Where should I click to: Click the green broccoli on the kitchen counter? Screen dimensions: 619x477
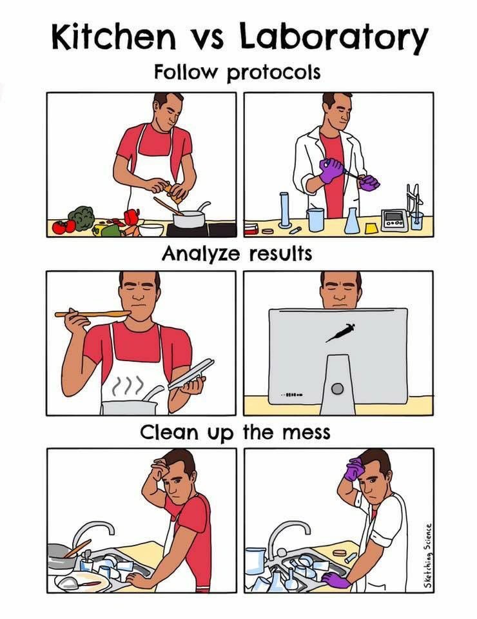click(x=81, y=217)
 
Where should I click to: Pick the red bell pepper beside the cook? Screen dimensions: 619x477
click(x=131, y=217)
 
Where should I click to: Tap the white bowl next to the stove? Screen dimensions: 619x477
click(x=151, y=229)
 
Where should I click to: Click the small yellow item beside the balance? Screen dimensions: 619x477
click(x=371, y=228)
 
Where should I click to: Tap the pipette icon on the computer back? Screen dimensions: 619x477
click(x=339, y=331)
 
